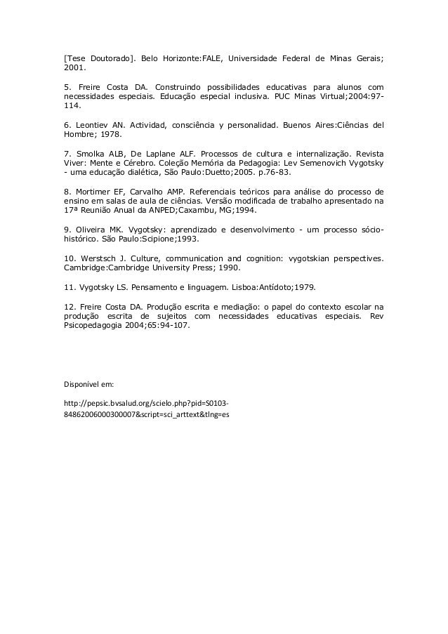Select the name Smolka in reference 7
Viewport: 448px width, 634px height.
(93, 152)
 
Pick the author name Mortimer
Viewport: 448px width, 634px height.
(95, 191)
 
